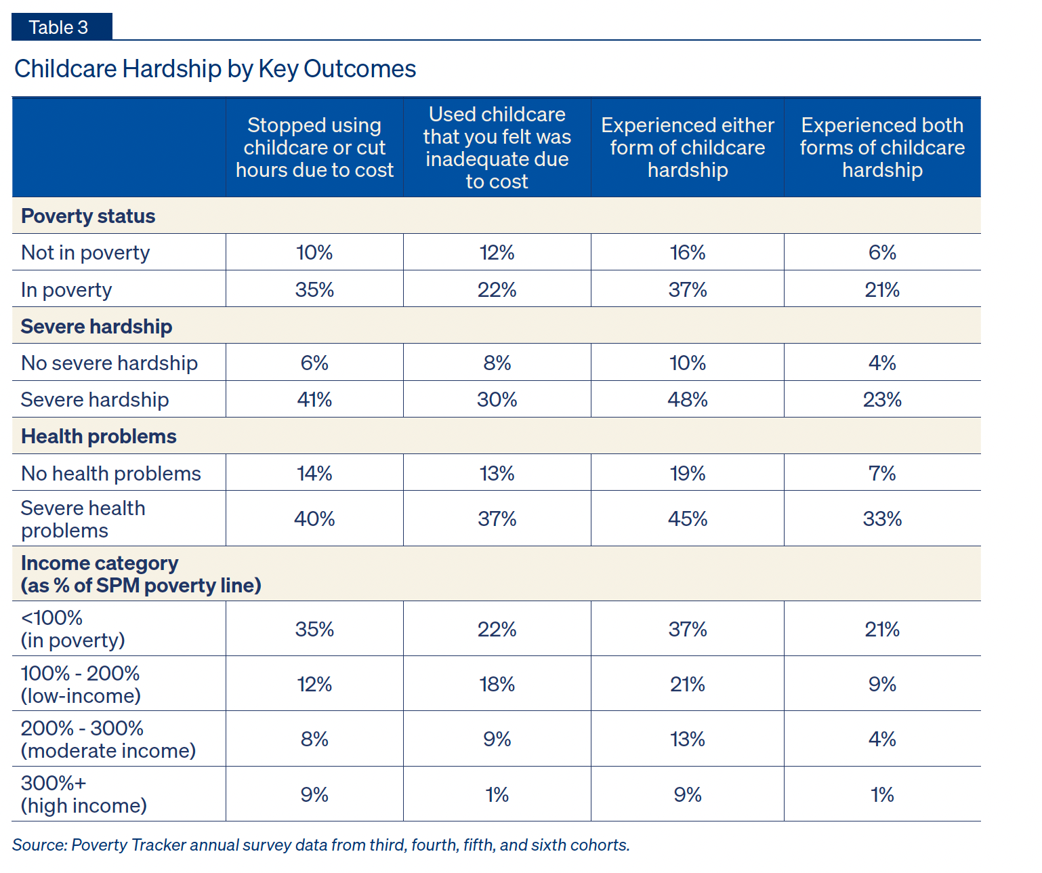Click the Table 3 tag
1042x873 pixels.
point(59,27)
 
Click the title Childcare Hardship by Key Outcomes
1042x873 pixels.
point(215,69)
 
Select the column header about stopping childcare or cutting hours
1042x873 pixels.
point(314,148)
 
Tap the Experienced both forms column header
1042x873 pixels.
point(881,148)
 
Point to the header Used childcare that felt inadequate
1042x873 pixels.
point(497,148)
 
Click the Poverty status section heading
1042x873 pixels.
point(88,216)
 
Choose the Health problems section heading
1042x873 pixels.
point(99,436)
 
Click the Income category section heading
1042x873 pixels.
point(141,574)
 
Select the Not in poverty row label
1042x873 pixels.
point(85,253)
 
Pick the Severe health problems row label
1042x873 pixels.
point(83,519)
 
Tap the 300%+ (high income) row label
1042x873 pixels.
point(83,794)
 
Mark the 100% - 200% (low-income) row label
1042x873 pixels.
point(81,685)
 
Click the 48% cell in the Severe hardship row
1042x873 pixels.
point(687,400)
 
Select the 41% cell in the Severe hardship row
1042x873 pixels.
point(314,400)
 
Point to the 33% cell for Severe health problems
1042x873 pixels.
point(882,519)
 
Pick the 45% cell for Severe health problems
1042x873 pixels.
point(687,519)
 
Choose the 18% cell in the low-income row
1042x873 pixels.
point(497,685)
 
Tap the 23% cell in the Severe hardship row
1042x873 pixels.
point(882,400)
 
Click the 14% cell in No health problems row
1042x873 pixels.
point(314,474)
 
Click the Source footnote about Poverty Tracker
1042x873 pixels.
point(321,845)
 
